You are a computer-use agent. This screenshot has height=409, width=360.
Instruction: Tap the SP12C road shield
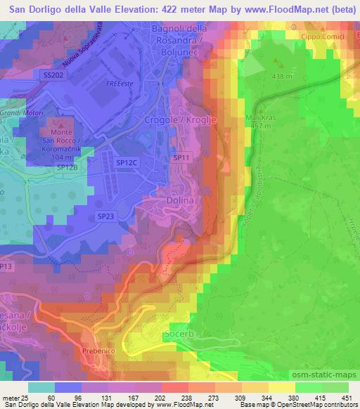click(x=127, y=162)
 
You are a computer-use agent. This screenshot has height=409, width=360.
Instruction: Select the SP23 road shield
click(x=105, y=215)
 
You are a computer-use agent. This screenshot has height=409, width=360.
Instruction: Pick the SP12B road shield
click(x=67, y=168)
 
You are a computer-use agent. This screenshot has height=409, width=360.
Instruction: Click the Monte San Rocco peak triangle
click(x=54, y=122)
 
